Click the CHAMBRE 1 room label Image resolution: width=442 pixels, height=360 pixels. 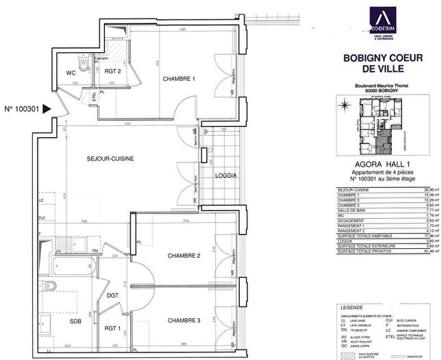click(179, 79)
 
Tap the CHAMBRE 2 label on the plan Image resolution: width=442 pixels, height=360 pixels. click(183, 256)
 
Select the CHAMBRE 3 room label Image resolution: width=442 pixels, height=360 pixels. click(183, 320)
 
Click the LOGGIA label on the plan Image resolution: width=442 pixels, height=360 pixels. click(226, 176)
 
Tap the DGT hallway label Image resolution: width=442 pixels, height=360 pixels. click(114, 296)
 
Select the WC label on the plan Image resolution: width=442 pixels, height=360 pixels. click(71, 71)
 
